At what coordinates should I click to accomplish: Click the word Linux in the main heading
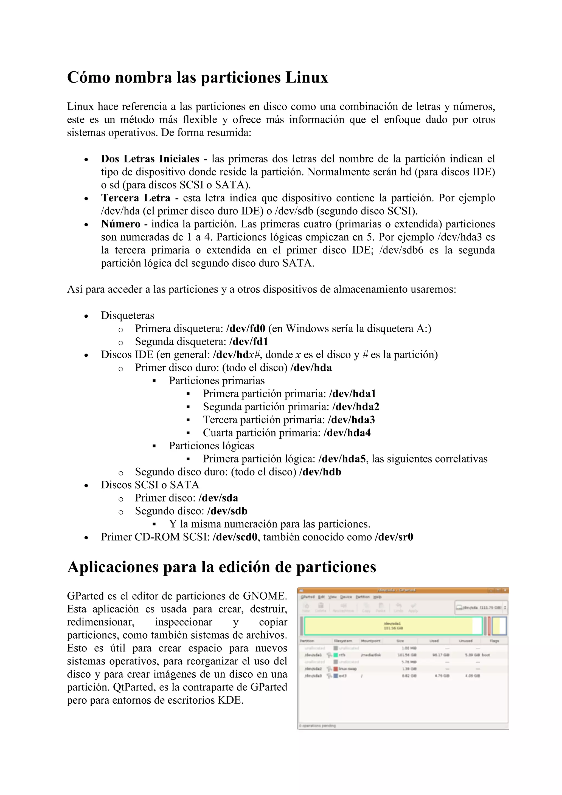307,77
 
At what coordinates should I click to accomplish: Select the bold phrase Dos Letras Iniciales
150,159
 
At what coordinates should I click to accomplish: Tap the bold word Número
120,224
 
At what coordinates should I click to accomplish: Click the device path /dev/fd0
246,328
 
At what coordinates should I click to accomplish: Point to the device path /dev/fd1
248,342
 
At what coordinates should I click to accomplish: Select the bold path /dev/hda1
352,394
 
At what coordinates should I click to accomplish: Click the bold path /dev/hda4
347,433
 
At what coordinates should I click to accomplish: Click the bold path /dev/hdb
320,472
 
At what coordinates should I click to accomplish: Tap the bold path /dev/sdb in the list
227,511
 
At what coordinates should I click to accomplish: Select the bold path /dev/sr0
394,537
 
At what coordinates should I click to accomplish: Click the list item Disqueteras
127,315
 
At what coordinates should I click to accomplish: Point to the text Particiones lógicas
211,446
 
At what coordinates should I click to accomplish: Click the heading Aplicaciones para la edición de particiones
222,567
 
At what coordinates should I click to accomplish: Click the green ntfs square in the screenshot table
336,655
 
